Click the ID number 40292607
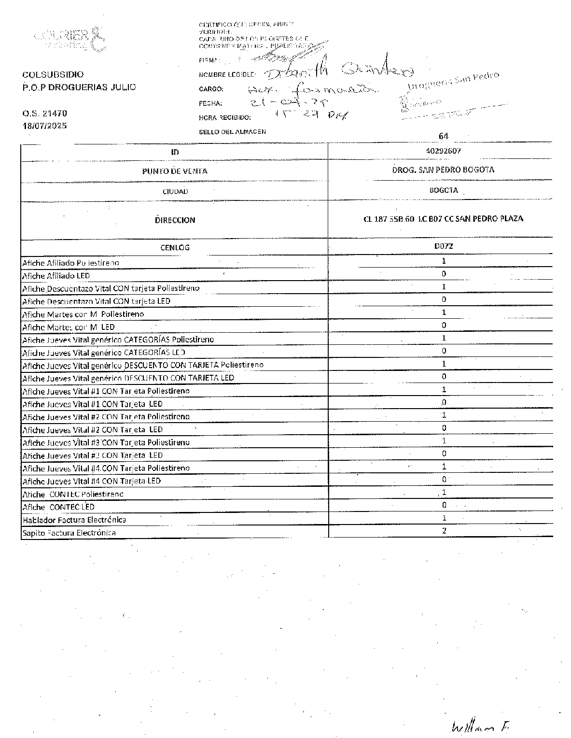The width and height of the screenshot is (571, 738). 443,151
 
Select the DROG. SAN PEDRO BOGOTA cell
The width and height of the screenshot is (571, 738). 443,170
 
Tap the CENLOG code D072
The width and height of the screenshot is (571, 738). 443,246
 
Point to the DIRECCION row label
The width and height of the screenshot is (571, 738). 175,220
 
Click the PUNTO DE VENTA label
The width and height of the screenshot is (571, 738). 175,171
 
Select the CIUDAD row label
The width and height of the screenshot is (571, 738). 175,192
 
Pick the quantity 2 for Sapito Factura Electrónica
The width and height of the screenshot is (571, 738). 444,531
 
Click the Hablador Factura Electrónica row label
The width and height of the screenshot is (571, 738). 74,520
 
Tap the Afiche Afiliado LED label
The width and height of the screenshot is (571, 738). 56,276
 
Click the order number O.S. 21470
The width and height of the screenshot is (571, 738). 44,114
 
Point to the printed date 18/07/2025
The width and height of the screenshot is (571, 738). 44,126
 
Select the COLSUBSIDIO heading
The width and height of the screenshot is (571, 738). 53,74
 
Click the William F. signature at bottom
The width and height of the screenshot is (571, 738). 481,726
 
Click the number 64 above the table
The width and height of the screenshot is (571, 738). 443,136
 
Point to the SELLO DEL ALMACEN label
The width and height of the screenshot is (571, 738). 232,132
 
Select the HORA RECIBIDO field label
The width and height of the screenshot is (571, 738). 224,117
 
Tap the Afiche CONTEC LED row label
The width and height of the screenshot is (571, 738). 58,507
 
